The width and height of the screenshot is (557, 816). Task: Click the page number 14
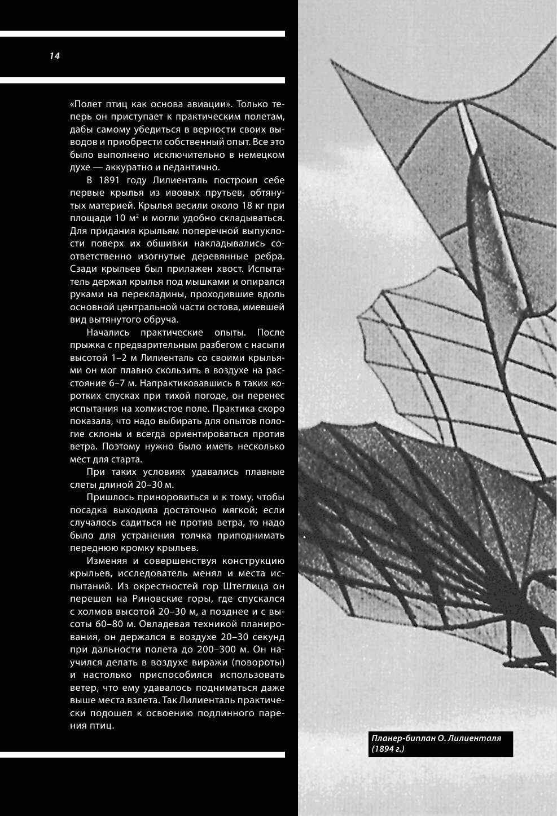55,56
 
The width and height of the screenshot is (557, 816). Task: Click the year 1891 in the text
117,180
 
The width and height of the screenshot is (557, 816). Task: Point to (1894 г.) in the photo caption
388,749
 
